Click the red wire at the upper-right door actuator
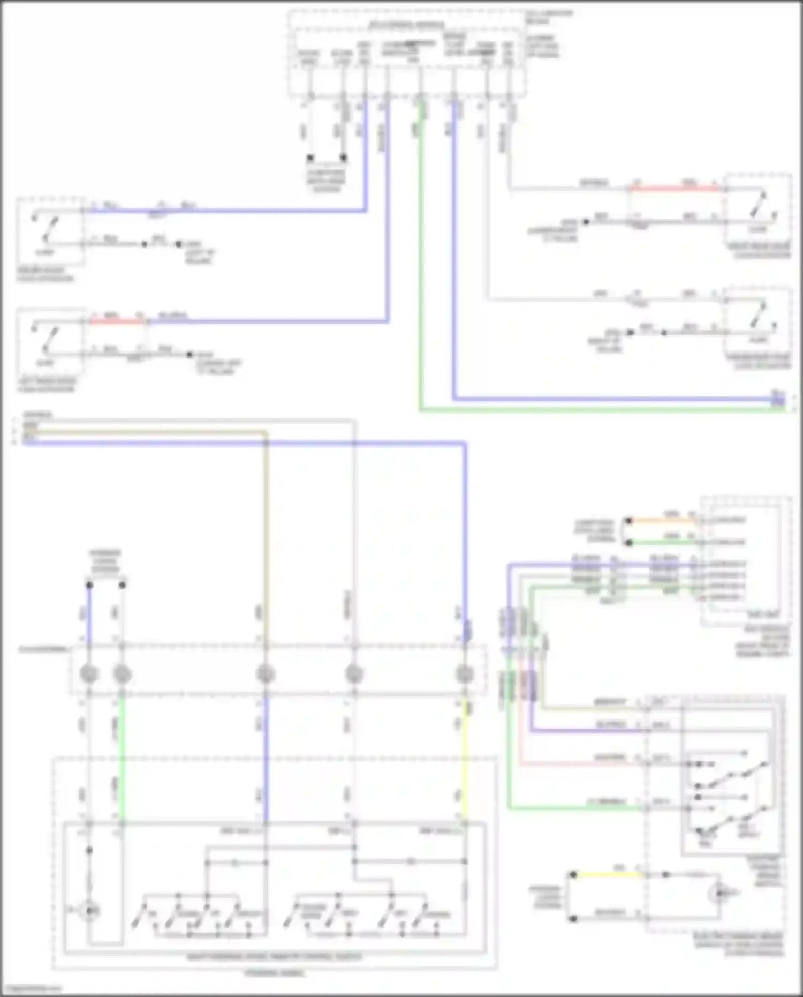point(675,189)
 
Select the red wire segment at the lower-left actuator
point(116,321)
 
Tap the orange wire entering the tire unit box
point(664,520)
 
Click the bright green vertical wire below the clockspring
point(123,761)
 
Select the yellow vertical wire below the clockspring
point(465,761)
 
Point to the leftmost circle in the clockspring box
point(89,673)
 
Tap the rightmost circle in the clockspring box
point(465,673)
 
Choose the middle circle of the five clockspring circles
point(266,673)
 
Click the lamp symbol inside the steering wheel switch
point(89,910)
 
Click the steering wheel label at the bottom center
point(275,972)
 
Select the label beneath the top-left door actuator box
point(46,274)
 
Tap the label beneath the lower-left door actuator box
point(47,385)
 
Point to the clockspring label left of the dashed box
point(43,649)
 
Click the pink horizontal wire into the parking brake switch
point(578,763)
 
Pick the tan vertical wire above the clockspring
point(266,536)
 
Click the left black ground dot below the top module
point(310,158)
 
